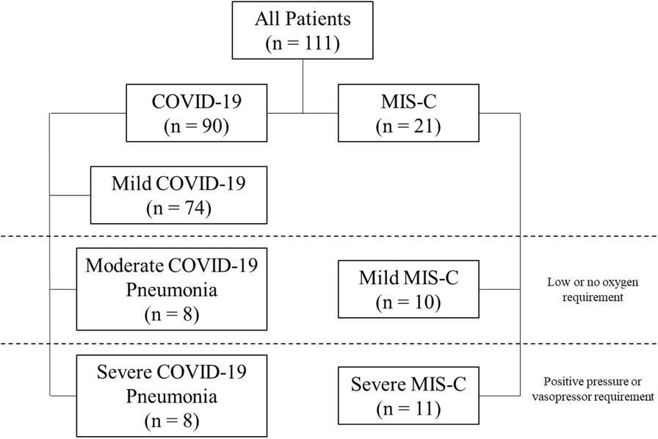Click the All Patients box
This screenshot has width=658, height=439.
tap(303, 30)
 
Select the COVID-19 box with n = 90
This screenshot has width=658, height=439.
tap(196, 113)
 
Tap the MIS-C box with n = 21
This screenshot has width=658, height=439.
tap(408, 113)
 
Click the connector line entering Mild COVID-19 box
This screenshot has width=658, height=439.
tap(70, 195)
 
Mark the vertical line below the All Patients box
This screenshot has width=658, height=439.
tap(303, 86)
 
